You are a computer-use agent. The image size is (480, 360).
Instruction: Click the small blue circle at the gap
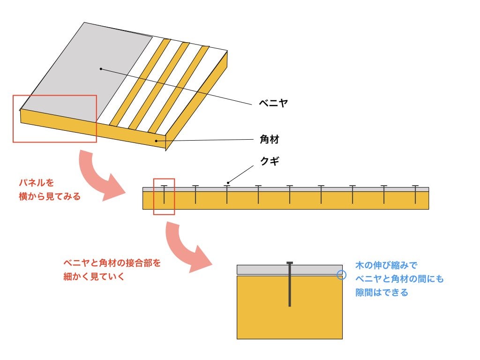pyautogui.click(x=342, y=275)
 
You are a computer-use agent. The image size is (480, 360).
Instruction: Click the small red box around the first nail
pyautogui.click(x=164, y=196)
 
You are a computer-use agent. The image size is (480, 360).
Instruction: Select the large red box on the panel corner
pyautogui.click(x=54, y=119)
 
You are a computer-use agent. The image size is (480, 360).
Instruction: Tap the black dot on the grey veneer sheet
pyautogui.click(x=100, y=69)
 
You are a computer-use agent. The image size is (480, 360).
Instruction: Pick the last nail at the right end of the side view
pyautogui.click(x=415, y=195)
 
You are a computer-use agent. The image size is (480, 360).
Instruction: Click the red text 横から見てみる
pyautogui.click(x=50, y=196)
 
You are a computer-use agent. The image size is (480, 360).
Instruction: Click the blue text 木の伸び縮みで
pyautogui.click(x=387, y=265)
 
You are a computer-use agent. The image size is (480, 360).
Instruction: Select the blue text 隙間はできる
pyautogui.click(x=382, y=293)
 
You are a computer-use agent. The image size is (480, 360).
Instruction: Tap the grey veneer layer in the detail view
pyautogui.click(x=262, y=270)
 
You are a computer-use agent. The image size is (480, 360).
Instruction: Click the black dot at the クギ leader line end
pyautogui.click(x=228, y=182)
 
